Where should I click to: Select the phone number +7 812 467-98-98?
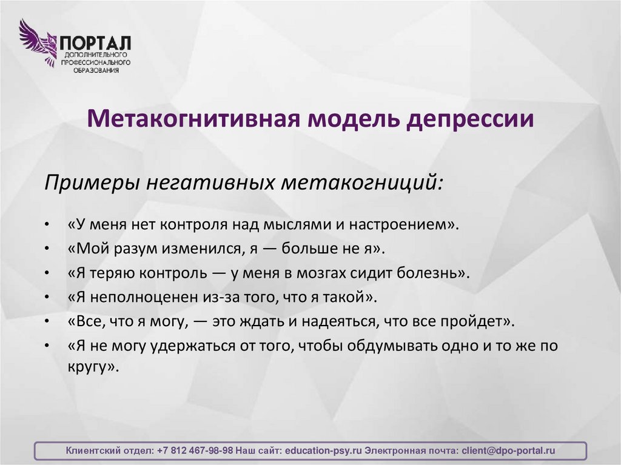point(194,451)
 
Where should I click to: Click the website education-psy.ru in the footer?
point(323,451)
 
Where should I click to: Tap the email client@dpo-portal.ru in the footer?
point(508,451)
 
